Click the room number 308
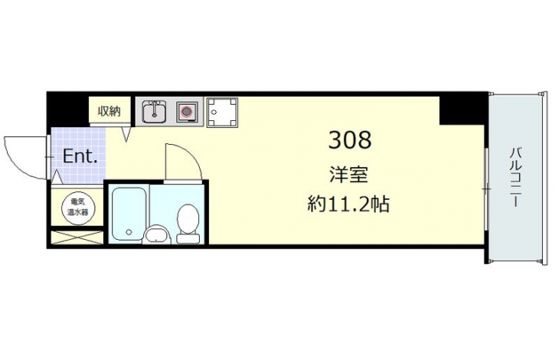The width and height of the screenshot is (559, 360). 350,139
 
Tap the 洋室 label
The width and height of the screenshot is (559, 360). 348,175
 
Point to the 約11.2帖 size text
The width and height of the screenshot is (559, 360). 348,205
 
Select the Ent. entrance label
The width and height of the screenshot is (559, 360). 80,156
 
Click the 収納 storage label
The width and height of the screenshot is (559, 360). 110,112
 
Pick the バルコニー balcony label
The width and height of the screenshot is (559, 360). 515,177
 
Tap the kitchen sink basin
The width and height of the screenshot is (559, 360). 154,112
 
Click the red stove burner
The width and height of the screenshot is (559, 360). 186,112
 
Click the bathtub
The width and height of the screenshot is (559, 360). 129,214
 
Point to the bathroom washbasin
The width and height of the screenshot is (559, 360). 156,235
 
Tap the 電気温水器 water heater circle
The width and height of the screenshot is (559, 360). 77,207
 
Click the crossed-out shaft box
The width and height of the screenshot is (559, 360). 77,237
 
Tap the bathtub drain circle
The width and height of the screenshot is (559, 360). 129,232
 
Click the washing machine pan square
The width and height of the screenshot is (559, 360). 223,113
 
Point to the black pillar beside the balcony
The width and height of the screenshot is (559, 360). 462,109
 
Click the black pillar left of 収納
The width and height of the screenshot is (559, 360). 67,110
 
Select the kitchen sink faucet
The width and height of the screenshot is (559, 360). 155,108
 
